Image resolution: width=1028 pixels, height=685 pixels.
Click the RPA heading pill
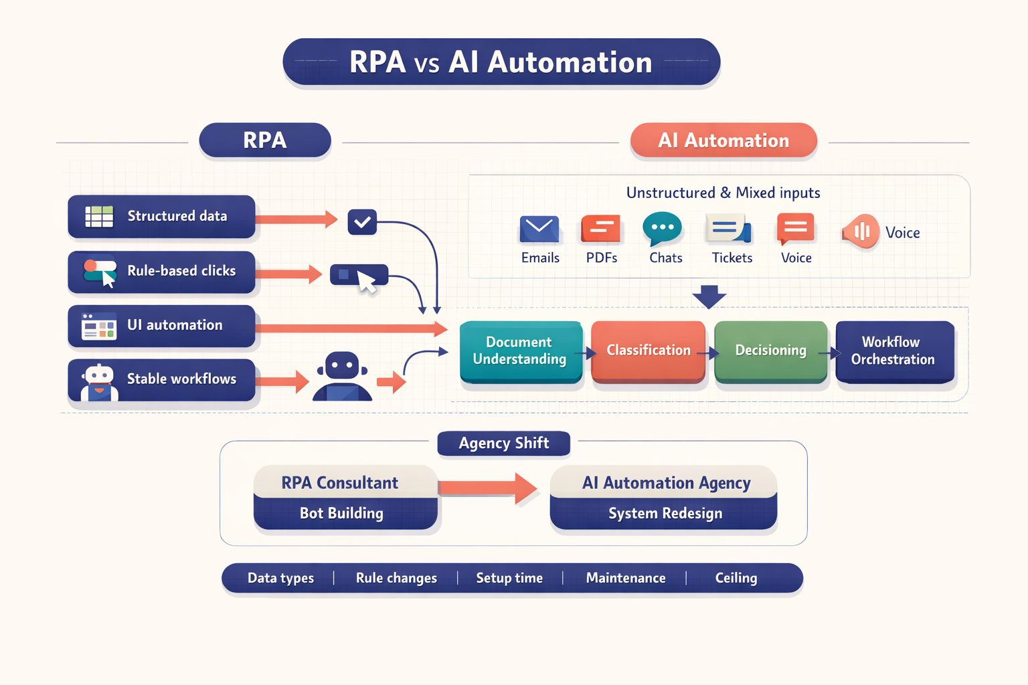(265, 140)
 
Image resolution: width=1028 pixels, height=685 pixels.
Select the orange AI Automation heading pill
(723, 140)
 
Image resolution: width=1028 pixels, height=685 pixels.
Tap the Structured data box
(161, 216)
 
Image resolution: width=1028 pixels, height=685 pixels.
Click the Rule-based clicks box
(161, 271)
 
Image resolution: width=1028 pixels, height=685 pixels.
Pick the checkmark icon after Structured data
(362, 222)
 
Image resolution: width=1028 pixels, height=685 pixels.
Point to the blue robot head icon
(343, 367)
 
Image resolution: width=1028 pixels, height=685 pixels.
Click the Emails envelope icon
(539, 229)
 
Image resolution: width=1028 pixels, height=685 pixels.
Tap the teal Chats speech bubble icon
(662, 229)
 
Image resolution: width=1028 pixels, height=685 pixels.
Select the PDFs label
(602, 258)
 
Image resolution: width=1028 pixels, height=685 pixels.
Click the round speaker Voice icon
(860, 231)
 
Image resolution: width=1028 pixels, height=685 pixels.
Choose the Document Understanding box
(520, 351)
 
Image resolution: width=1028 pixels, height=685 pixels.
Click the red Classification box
(648, 351)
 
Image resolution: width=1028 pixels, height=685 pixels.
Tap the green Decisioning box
(770, 351)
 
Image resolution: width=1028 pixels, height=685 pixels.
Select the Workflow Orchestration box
(894, 351)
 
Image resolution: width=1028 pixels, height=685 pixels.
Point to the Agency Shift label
(503, 444)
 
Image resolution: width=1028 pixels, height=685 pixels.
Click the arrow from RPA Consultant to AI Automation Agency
(488, 488)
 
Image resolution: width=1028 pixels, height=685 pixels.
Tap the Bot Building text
(341, 513)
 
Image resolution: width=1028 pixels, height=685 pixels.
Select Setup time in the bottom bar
(509, 578)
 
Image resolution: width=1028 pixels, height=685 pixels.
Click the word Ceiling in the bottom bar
(736, 578)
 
